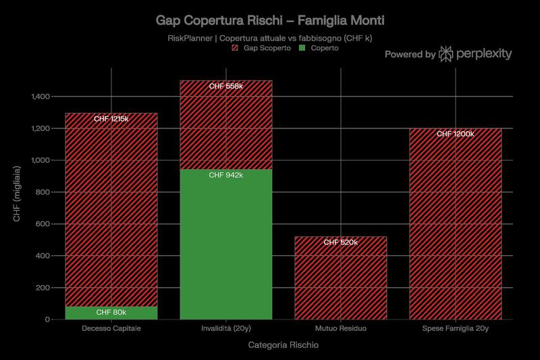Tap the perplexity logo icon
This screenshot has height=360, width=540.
click(446, 54)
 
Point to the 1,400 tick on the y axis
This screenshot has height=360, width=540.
click(40, 97)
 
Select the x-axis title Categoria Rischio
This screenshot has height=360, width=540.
click(283, 345)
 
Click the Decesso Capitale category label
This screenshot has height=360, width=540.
click(111, 329)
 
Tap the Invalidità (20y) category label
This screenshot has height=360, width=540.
click(225, 329)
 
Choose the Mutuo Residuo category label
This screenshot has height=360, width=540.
click(341, 329)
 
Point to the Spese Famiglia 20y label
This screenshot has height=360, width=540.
click(456, 329)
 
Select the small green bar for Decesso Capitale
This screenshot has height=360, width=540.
click(111, 313)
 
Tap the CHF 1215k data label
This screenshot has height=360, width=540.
click(111, 119)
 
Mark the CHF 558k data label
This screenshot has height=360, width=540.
click(225, 86)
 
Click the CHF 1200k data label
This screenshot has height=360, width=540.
click(456, 134)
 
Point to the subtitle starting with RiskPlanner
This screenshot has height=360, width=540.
click(270, 38)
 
